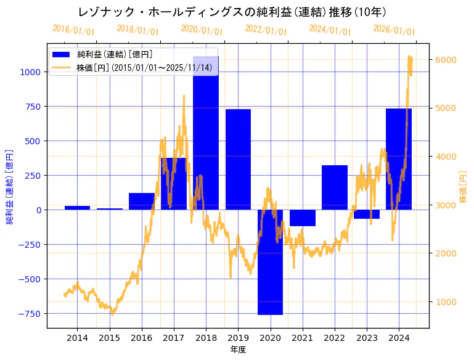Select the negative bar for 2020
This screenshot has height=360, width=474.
[270, 262]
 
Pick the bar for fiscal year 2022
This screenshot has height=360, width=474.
[334, 187]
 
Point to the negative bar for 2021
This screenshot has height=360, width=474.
[302, 218]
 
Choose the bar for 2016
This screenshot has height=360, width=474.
[142, 202]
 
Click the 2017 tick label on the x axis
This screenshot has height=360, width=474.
[174, 338]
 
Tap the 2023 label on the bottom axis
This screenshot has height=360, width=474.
[366, 338]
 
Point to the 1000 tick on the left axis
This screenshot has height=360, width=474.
[31, 72]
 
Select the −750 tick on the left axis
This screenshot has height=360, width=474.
[28, 313]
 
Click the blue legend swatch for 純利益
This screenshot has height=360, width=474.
[62, 55]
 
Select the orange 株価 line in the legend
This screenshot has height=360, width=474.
[62, 68]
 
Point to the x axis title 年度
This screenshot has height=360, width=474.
[238, 350]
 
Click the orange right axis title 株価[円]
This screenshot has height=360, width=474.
[464, 187]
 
